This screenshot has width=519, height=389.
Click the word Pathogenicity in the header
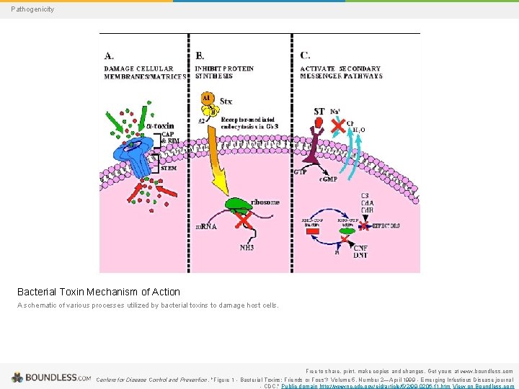point(32,9)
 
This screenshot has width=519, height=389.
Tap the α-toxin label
point(159,126)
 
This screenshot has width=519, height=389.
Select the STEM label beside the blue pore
point(168,168)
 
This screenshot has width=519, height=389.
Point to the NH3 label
point(247,247)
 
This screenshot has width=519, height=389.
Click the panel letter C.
point(306,55)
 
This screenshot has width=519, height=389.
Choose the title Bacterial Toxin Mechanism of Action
point(99,292)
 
